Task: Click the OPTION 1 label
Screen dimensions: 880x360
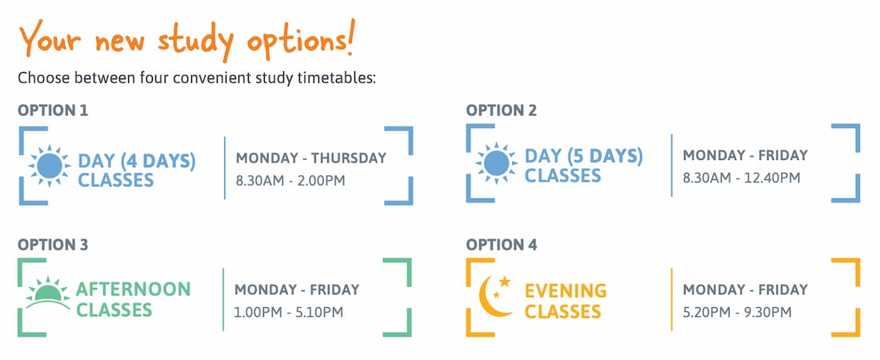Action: (x=53, y=110)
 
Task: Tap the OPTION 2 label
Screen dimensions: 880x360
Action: (x=501, y=110)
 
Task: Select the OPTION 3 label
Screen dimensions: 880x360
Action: (x=53, y=245)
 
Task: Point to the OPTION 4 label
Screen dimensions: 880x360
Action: (x=501, y=245)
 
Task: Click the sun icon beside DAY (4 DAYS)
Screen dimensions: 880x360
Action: (x=50, y=166)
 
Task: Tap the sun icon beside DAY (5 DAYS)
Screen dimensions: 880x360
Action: (x=497, y=163)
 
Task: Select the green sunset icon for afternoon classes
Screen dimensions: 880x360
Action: (x=48, y=293)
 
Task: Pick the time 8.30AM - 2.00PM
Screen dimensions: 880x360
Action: (x=290, y=181)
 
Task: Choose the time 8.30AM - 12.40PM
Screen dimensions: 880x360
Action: (x=741, y=178)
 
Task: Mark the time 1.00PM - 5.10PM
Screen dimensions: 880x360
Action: (x=289, y=312)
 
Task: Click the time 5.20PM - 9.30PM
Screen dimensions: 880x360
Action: (x=737, y=312)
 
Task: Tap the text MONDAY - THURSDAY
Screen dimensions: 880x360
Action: (x=311, y=158)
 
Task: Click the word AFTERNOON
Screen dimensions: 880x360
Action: (x=133, y=290)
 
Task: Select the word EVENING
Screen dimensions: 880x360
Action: (x=566, y=291)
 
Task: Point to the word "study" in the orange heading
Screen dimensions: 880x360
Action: (x=196, y=42)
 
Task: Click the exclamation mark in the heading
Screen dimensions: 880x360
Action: (x=350, y=38)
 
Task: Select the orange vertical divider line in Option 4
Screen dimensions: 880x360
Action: (x=672, y=300)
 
